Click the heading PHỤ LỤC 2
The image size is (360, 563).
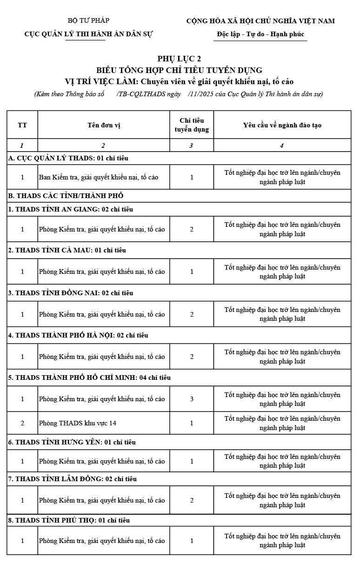179,59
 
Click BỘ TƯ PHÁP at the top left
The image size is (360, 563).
88,20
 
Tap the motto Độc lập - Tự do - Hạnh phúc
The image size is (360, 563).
260,34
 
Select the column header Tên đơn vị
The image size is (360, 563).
104,125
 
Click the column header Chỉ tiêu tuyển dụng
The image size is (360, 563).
192,125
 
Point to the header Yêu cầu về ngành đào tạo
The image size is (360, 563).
282,125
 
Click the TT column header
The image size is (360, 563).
22,125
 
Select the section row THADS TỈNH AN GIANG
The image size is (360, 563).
71,209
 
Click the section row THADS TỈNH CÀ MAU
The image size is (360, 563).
67,250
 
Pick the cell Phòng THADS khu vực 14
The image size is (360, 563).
78,423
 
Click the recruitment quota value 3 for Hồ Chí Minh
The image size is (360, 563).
192,399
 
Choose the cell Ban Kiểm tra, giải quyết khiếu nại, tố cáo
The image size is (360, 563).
99,177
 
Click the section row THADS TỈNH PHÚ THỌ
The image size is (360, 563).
69,520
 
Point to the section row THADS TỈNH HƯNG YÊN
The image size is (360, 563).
72,442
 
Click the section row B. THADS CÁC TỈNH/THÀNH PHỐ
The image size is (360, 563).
66,196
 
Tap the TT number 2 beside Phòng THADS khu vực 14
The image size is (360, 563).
22,423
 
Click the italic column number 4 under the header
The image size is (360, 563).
282,146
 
